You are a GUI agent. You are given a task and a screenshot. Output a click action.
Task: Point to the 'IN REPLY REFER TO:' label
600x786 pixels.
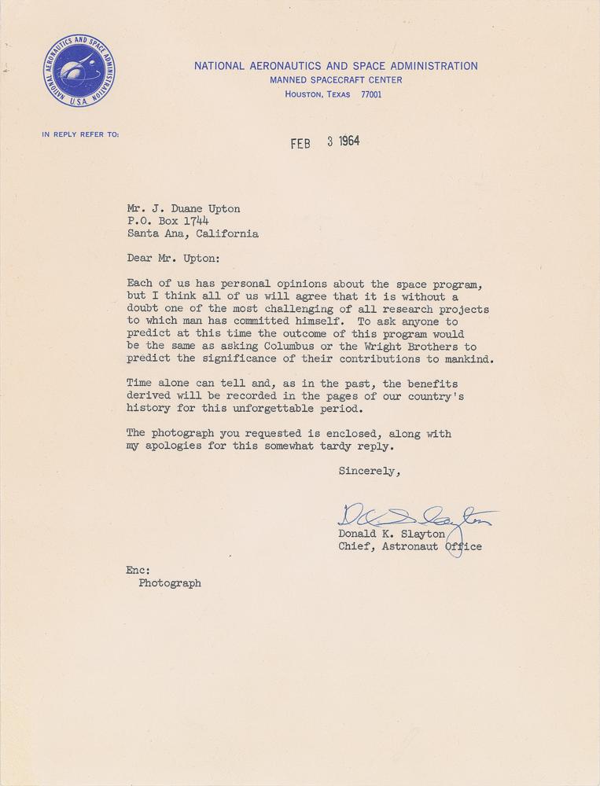[x=80, y=134]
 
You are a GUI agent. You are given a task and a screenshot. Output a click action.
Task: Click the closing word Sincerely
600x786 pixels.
[x=369, y=472]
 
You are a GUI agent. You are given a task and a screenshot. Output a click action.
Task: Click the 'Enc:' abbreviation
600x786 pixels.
[x=138, y=570]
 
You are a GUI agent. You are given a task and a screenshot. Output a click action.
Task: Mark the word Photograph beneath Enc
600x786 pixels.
[x=170, y=583]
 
